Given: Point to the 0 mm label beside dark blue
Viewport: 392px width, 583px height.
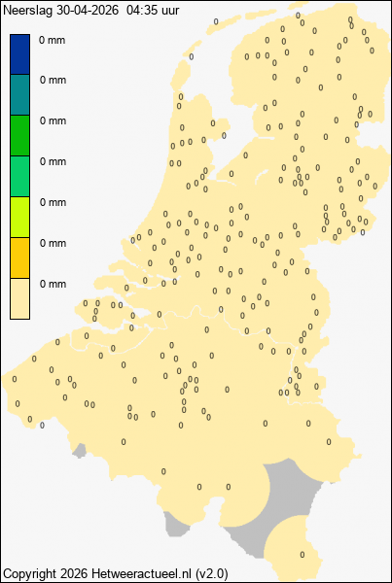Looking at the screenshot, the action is point(53,41).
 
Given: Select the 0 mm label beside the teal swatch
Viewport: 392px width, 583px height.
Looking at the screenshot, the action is point(53,82).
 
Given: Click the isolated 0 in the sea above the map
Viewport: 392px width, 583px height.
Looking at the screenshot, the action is point(216,20).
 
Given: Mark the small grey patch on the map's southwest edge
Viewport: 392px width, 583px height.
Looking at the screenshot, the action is point(176,527).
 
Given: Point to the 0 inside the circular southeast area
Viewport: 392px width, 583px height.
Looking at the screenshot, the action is point(303,555).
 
